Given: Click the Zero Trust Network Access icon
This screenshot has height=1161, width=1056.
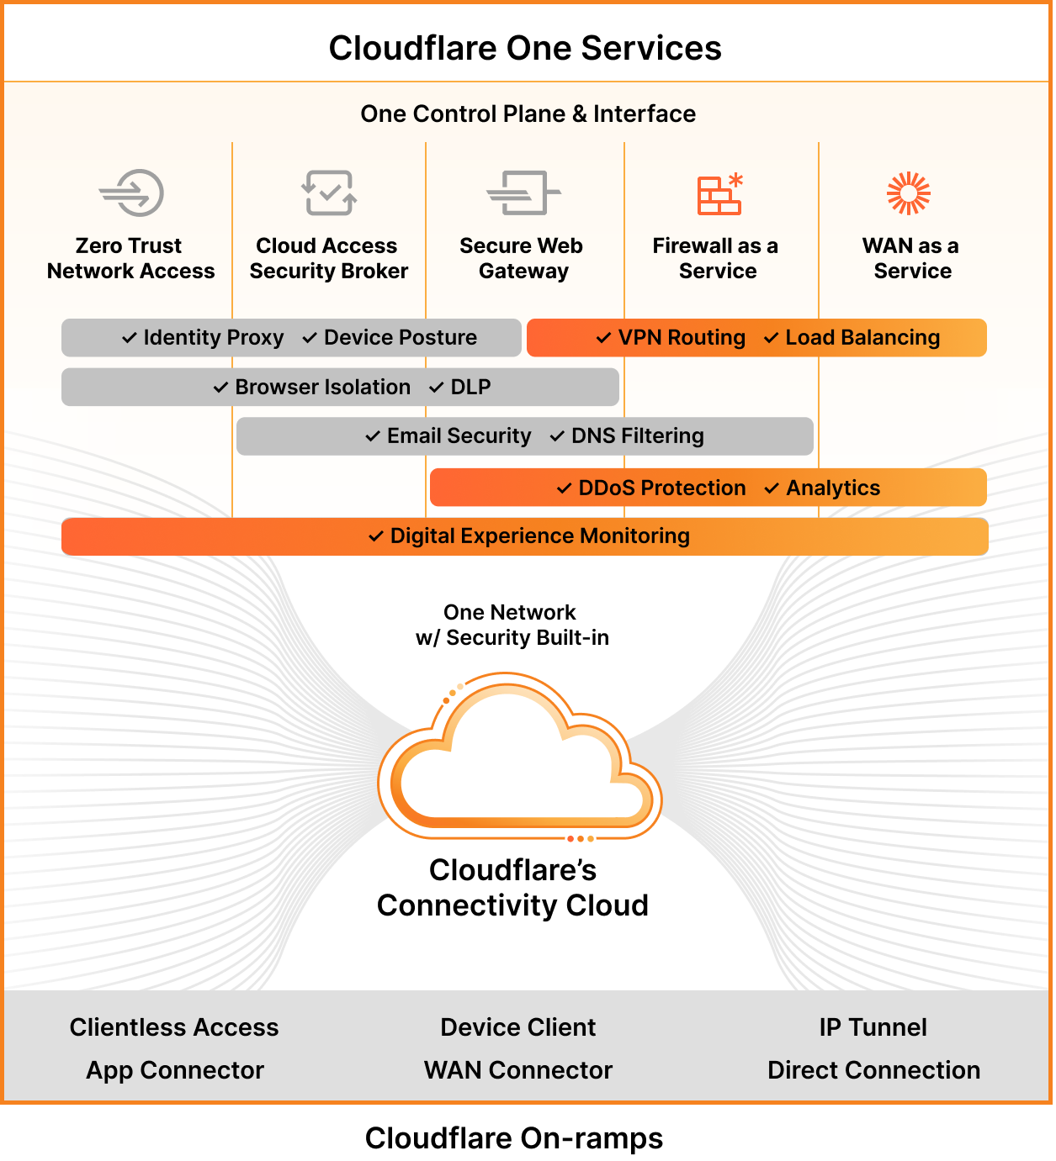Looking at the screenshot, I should pyautogui.click(x=131, y=193).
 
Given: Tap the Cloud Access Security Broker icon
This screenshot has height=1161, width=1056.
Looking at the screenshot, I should pyautogui.click(x=329, y=193).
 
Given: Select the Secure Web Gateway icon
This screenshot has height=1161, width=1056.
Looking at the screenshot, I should pyautogui.click(x=523, y=193).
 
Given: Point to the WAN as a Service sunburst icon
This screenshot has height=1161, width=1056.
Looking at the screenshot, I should pyautogui.click(x=909, y=193).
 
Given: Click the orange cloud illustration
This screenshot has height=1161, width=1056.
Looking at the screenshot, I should pyautogui.click(x=519, y=757).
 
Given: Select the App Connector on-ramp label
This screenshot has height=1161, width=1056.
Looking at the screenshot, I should pyautogui.click(x=175, y=1070).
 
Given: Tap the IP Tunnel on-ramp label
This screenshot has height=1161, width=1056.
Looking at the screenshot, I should pyautogui.click(x=873, y=1027).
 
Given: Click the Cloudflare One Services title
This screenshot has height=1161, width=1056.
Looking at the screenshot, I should pyautogui.click(x=525, y=48).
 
